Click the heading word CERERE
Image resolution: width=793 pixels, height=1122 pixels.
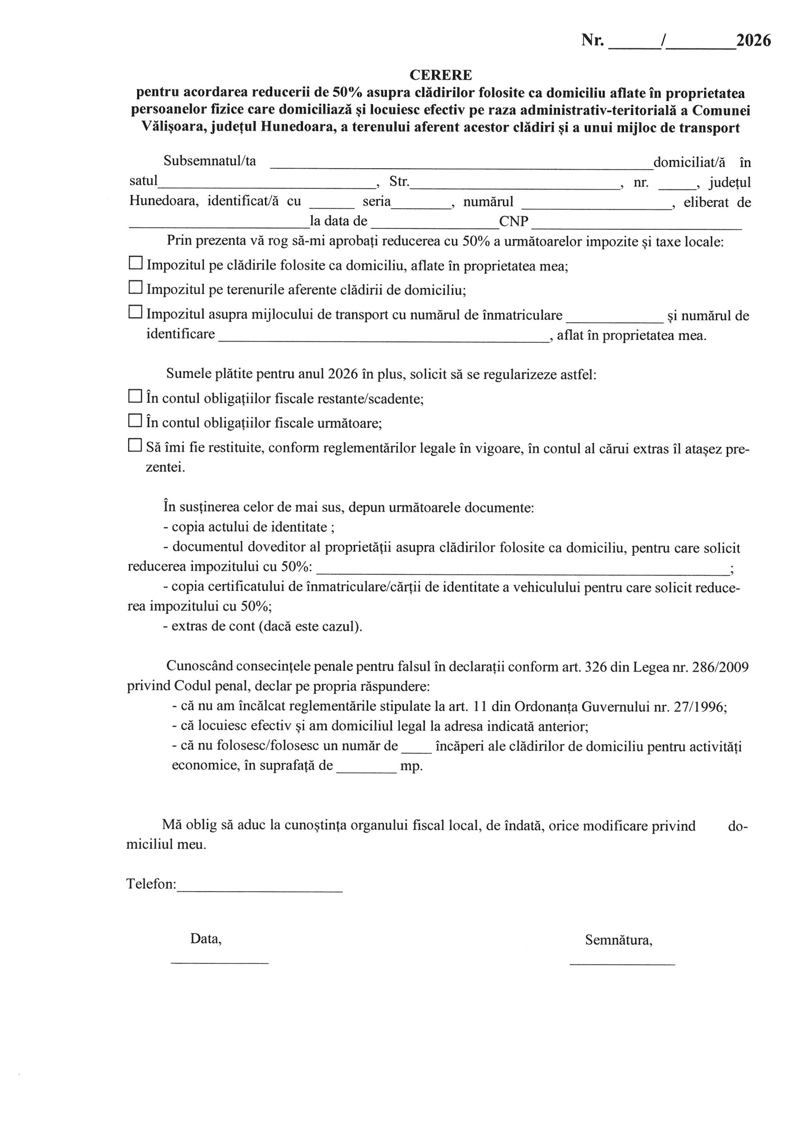[440, 75]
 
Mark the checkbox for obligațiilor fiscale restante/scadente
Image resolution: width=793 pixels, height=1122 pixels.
[135, 396]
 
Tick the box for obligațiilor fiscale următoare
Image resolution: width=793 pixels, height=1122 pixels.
[135, 420]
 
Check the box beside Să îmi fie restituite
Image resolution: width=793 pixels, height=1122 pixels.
[135, 445]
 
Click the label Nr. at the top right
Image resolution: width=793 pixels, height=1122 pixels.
[592, 40]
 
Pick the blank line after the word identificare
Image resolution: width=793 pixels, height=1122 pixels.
[383, 337]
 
